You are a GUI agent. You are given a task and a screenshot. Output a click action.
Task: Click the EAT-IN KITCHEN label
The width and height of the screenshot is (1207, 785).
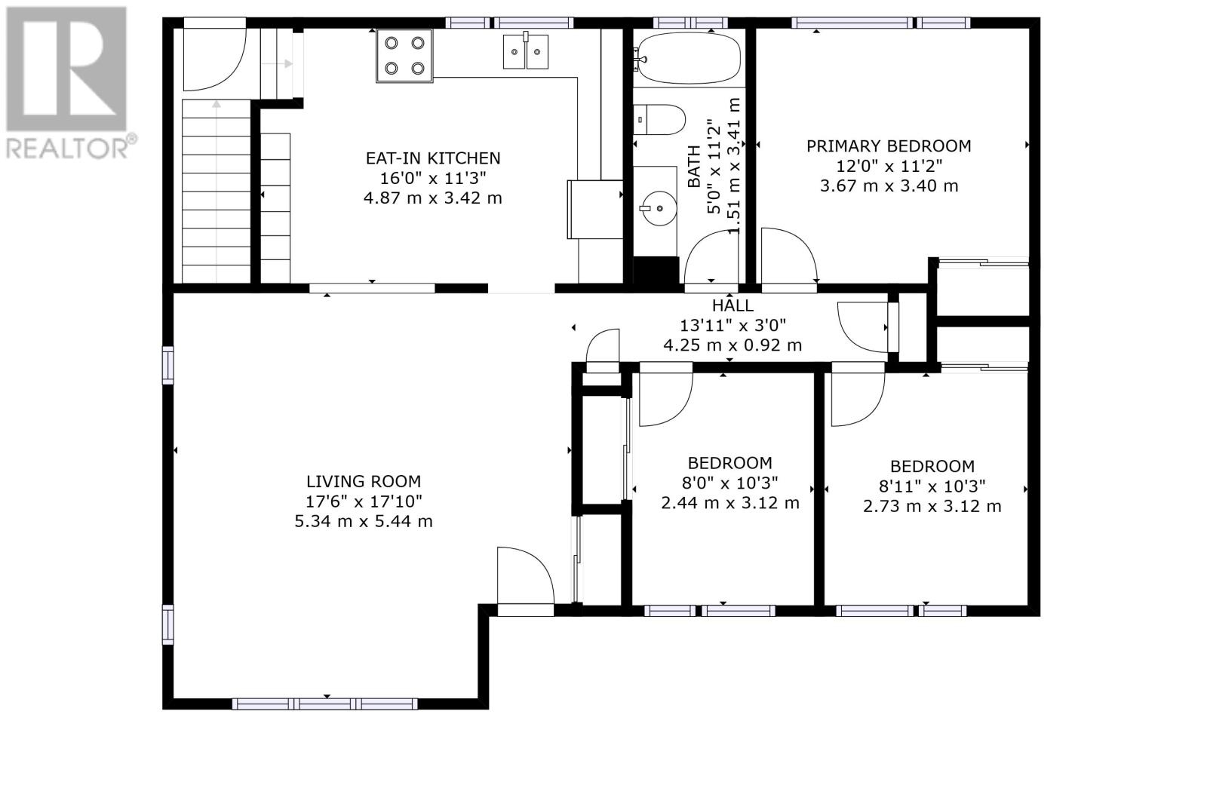point(433,158)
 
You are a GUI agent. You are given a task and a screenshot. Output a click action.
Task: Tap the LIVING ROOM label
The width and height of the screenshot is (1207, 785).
point(364,481)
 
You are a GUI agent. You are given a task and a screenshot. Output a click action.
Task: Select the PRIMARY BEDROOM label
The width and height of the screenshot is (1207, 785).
point(889,146)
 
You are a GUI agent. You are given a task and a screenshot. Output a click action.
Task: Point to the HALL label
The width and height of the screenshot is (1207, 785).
point(732,305)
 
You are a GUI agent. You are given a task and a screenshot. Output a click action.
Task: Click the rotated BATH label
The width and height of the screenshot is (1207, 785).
point(695,167)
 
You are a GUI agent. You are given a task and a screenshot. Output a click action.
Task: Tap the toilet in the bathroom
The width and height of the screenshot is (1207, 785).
point(659,120)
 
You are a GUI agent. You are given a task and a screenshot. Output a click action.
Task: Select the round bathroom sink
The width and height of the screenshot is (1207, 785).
point(658,208)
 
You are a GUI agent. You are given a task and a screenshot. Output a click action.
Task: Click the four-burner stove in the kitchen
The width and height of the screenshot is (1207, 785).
point(404,56)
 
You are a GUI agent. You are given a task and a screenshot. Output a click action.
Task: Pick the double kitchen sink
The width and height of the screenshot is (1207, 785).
point(525,51)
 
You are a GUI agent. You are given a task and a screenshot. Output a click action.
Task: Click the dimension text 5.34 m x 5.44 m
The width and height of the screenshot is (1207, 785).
point(364,522)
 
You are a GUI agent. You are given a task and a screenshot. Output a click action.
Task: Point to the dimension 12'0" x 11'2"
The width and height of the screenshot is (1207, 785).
point(889,166)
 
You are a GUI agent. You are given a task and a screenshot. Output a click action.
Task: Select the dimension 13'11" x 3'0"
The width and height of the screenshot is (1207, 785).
point(732,326)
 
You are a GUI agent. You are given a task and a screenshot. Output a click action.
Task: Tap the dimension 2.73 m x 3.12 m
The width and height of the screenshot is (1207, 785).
point(932,507)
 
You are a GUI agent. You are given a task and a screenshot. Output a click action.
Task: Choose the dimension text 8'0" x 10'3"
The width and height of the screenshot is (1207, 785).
point(730,483)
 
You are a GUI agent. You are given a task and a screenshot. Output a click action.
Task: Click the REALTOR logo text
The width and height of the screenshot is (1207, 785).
point(71,147)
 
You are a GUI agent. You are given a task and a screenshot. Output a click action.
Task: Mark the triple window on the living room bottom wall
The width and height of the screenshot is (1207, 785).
point(325,704)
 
